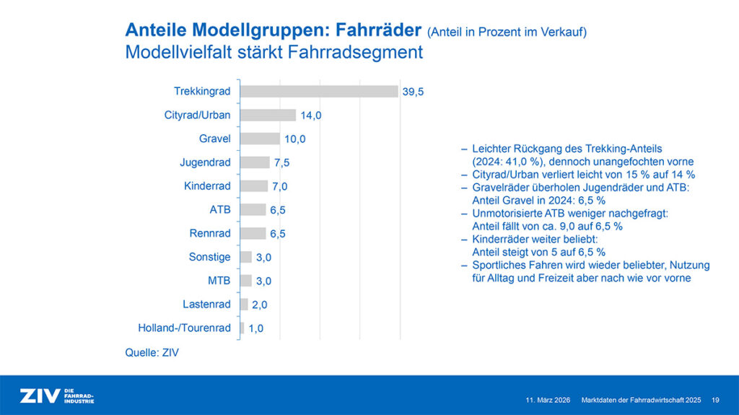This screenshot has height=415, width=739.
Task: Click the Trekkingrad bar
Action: (x=318, y=92)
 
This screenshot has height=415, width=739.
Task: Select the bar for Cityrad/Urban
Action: (x=268, y=115)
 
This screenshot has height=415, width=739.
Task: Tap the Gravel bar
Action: (x=260, y=139)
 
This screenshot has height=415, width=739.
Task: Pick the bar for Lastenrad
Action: (x=244, y=305)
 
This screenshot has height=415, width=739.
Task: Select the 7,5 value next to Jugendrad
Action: (x=281, y=162)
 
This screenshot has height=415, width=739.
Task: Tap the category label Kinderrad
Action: (x=207, y=186)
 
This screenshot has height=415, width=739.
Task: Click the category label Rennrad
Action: (x=210, y=233)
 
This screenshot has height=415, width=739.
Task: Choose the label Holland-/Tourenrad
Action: (x=184, y=328)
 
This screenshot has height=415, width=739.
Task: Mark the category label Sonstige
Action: (x=210, y=257)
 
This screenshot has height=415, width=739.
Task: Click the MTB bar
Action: (x=246, y=281)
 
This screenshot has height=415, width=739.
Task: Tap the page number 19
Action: (x=714, y=399)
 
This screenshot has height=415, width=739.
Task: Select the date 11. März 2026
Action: (x=548, y=399)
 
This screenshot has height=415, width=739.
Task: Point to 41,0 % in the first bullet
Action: (x=521, y=162)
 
